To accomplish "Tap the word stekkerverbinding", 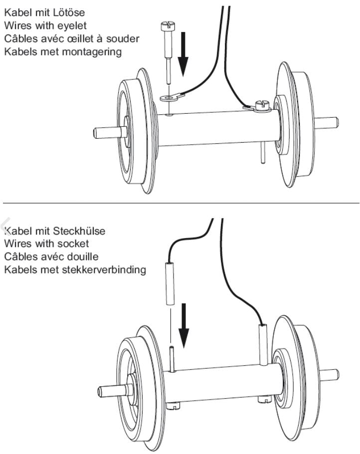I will [x=99, y=270].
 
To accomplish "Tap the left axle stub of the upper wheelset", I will [x=105, y=133].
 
